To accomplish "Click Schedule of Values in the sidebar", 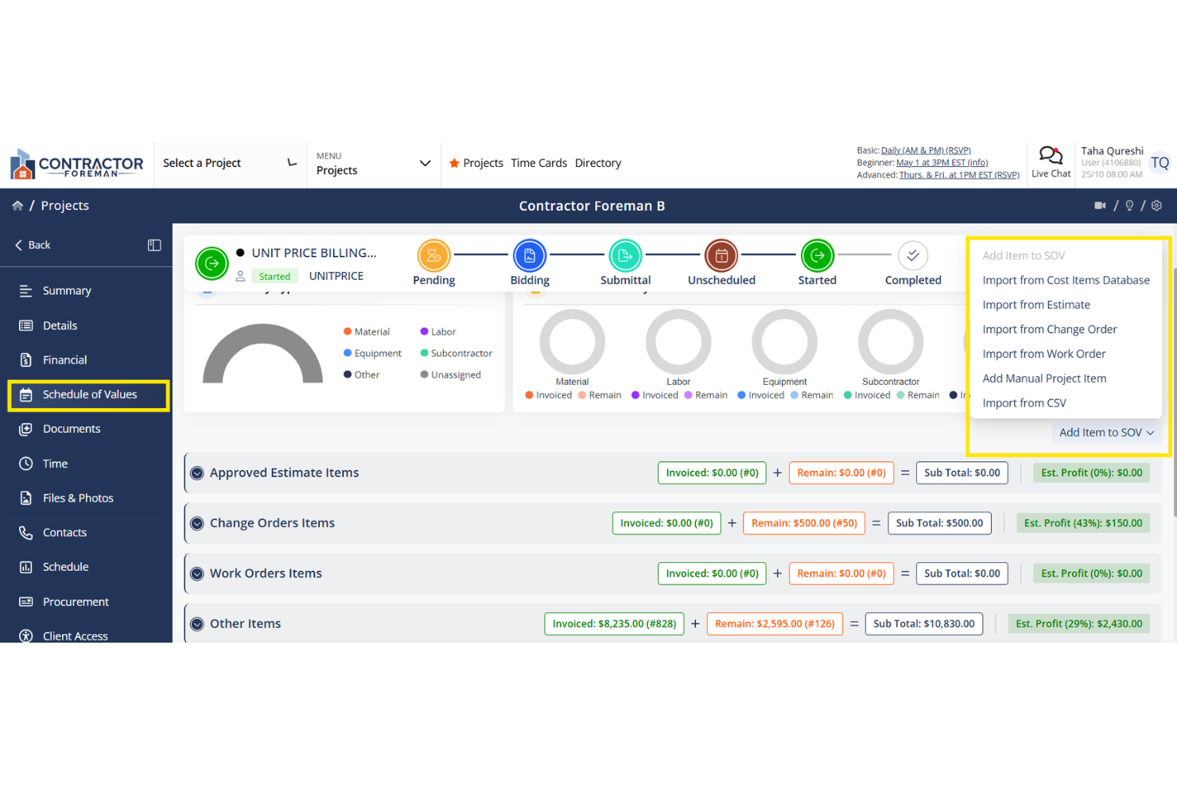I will point(89,394).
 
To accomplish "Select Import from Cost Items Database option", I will point(1066,280).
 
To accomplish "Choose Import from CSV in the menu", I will point(1024,403).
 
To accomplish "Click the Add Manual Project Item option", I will point(1043,379).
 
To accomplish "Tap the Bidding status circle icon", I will point(530,256).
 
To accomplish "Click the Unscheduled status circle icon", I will point(721,256).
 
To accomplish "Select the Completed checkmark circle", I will point(913,256).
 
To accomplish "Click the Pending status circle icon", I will point(433,256).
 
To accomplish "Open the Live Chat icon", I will point(1051,155).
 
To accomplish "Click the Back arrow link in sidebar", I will point(33,245).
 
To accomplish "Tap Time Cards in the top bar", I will point(538,163).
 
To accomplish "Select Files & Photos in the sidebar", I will point(78,498).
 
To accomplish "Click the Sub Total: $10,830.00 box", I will point(923,624).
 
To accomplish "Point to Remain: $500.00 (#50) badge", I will point(804,523).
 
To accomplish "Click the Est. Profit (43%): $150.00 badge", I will point(1082,523).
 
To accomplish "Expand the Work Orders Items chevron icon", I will point(197,574).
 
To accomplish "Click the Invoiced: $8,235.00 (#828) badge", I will point(614,624).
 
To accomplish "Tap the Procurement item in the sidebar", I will point(76,602).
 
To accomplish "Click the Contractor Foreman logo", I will point(76,164).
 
